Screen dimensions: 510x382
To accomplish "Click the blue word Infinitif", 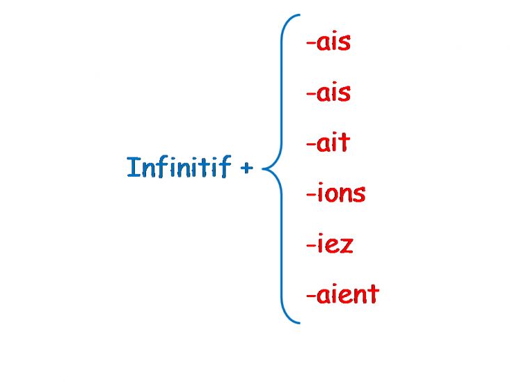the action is (179, 167).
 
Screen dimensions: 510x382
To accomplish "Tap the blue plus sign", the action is (246, 168).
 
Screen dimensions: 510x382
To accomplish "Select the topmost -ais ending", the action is (328, 42).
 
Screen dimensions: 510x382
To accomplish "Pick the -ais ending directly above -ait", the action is (328, 93).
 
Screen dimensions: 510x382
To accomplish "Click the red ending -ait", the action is (328, 142).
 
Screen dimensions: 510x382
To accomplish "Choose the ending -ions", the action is (335, 193).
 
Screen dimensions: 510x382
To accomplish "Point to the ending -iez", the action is (330, 243).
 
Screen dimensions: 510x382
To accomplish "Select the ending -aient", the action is (343, 294).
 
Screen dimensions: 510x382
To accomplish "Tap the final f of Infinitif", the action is (225, 166).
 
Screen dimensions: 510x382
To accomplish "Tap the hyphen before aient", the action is (311, 296).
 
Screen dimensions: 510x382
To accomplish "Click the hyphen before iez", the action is (311, 245).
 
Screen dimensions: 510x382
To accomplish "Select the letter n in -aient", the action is (359, 296).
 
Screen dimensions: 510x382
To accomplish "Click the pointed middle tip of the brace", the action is (262, 168).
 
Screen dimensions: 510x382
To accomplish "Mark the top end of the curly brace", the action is (300, 15).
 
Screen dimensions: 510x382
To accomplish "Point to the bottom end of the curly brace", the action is (300, 323).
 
